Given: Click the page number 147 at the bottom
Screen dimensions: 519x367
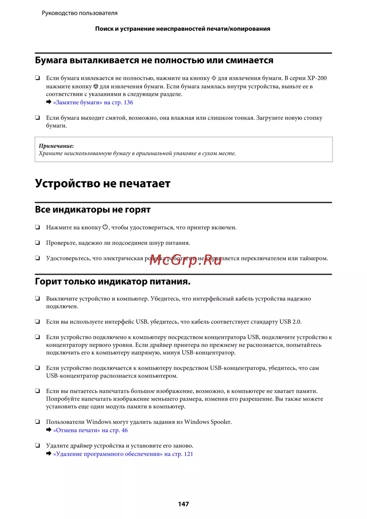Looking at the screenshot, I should click(183, 504).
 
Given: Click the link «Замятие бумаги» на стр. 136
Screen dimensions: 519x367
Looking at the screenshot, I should click(93, 102).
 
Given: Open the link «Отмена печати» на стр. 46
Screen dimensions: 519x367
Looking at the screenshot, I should click(90, 430).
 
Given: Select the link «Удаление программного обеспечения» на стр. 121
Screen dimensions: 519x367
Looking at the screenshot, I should click(123, 454).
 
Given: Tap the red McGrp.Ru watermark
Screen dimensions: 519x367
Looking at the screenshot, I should click(185, 260).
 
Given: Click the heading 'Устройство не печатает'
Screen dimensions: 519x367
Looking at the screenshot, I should click(103, 183).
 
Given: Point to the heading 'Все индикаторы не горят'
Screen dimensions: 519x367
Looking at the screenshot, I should click(93, 210).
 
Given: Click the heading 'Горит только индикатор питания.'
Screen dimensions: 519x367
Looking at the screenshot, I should click(113, 282).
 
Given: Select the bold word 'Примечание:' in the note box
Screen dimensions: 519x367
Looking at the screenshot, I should click(56, 146).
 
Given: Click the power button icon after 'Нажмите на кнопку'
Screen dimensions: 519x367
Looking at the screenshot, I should click(105, 227).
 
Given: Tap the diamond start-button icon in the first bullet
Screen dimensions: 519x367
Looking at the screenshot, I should click(214, 78).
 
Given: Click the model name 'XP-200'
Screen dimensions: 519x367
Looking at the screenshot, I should click(317, 78).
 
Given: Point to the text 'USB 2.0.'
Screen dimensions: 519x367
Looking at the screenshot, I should click(290, 322).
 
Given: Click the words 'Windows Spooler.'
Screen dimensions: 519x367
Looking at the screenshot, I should click(208, 422).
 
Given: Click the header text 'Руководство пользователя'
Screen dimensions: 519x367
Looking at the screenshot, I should click(80, 13).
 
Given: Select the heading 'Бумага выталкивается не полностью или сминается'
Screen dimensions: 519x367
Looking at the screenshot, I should click(154, 61).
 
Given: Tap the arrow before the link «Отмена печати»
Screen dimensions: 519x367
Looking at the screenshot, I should click(49, 430).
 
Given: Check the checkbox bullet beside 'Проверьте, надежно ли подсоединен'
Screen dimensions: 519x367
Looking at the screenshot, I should click(37, 242).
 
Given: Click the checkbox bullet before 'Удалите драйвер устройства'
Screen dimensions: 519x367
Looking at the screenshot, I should click(37, 445).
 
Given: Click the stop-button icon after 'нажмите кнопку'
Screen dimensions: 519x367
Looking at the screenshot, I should click(96, 87).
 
